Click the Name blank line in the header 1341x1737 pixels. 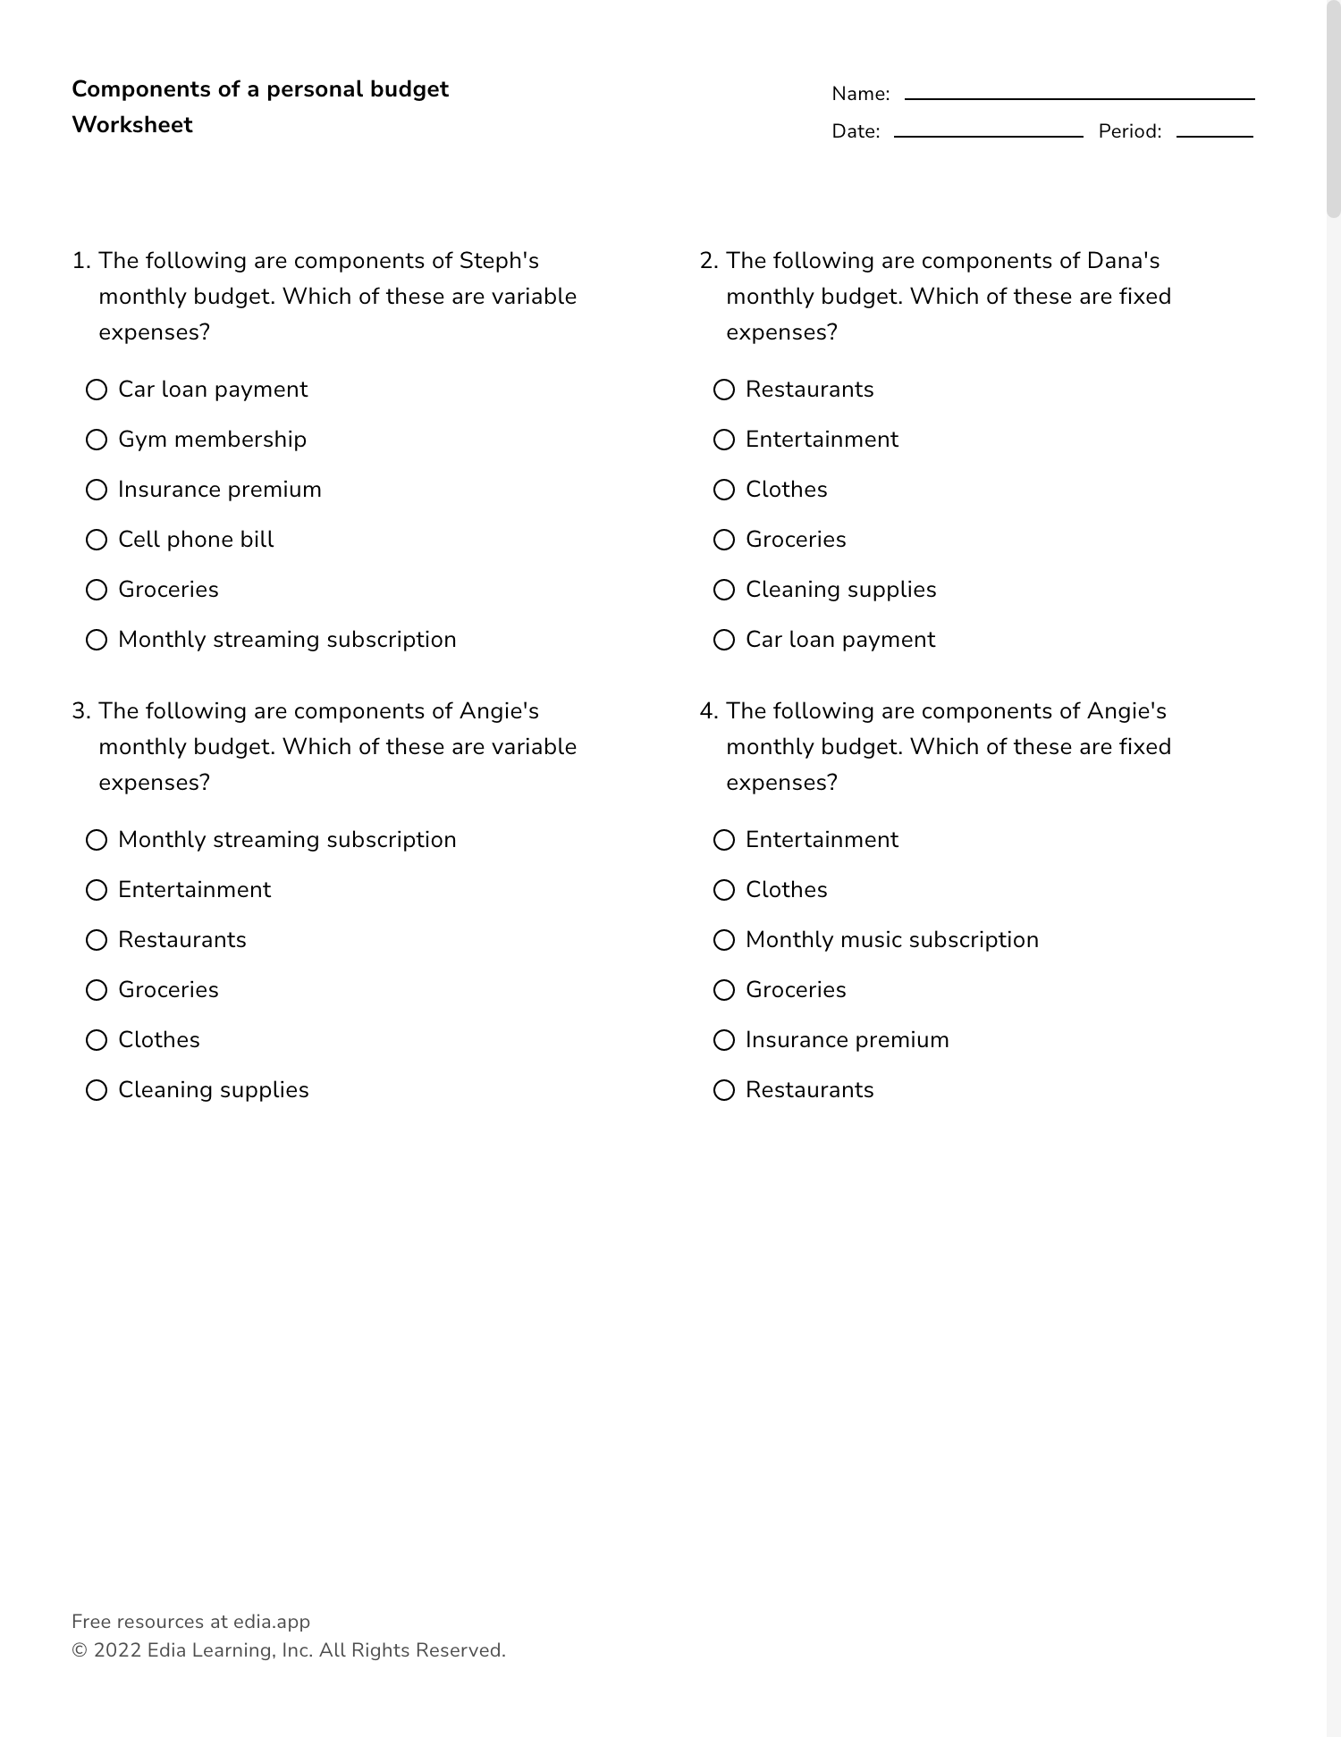click(x=1079, y=96)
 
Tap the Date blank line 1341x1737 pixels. click(x=988, y=134)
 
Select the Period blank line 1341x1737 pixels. click(x=1214, y=134)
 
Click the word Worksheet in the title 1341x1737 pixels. click(x=132, y=125)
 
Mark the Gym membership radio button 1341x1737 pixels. click(x=97, y=440)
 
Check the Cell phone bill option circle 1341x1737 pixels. click(x=97, y=540)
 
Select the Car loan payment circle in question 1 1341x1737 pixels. click(x=97, y=390)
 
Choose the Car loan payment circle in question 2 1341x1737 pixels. click(x=724, y=640)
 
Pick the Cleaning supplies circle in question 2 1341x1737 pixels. click(x=724, y=590)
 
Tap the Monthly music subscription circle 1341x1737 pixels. click(x=724, y=940)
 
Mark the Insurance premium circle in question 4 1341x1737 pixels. click(x=724, y=1040)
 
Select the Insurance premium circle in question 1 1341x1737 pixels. click(x=97, y=490)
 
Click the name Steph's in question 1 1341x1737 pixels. click(x=499, y=261)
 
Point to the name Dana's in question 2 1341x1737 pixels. click(x=1123, y=261)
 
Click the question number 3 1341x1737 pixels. click(x=80, y=711)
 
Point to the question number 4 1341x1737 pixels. click(x=708, y=711)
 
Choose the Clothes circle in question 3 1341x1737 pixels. click(x=97, y=1040)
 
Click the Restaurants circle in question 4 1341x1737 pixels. click(x=724, y=1090)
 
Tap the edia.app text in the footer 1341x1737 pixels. click(x=272, y=1622)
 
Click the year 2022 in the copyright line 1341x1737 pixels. click(x=117, y=1650)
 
